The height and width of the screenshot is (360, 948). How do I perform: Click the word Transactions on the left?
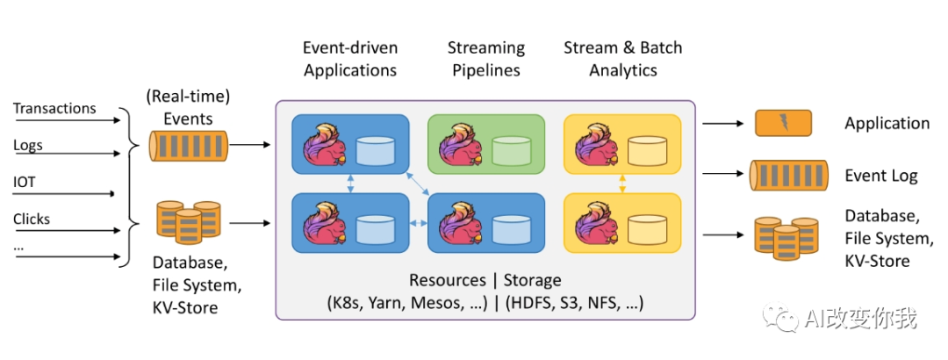pos(54,109)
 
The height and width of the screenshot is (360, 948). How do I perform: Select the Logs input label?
pos(28,146)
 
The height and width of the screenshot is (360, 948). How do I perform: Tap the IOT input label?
pos(25,183)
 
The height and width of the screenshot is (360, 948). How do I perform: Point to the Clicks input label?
pos(32,219)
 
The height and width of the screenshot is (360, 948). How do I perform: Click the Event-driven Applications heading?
pos(350,59)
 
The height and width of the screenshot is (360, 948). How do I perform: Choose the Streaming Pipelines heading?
pos(485,59)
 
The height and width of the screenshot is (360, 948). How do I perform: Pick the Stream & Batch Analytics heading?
pos(622,59)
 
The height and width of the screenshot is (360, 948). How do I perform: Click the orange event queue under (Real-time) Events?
pos(190,145)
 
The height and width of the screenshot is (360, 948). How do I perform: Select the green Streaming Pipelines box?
pos(485,144)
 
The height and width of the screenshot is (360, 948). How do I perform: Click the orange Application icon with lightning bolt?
pos(783,123)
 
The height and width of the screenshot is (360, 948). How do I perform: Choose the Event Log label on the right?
pos(880,176)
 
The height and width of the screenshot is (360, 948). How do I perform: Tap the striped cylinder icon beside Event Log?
pos(788,176)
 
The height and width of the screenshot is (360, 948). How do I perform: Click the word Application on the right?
pos(887,124)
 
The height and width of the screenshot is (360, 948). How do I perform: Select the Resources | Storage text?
pos(485,280)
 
